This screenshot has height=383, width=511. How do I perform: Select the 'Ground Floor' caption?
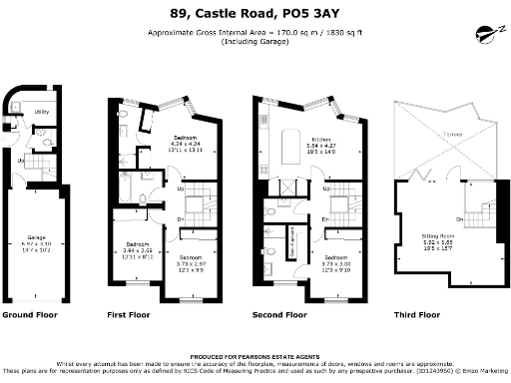(31, 314)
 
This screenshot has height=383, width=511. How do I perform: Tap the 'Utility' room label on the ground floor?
(41, 113)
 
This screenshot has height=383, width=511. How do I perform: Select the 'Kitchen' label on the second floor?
(320, 139)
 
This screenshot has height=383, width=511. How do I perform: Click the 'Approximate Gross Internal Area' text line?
(255, 33)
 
